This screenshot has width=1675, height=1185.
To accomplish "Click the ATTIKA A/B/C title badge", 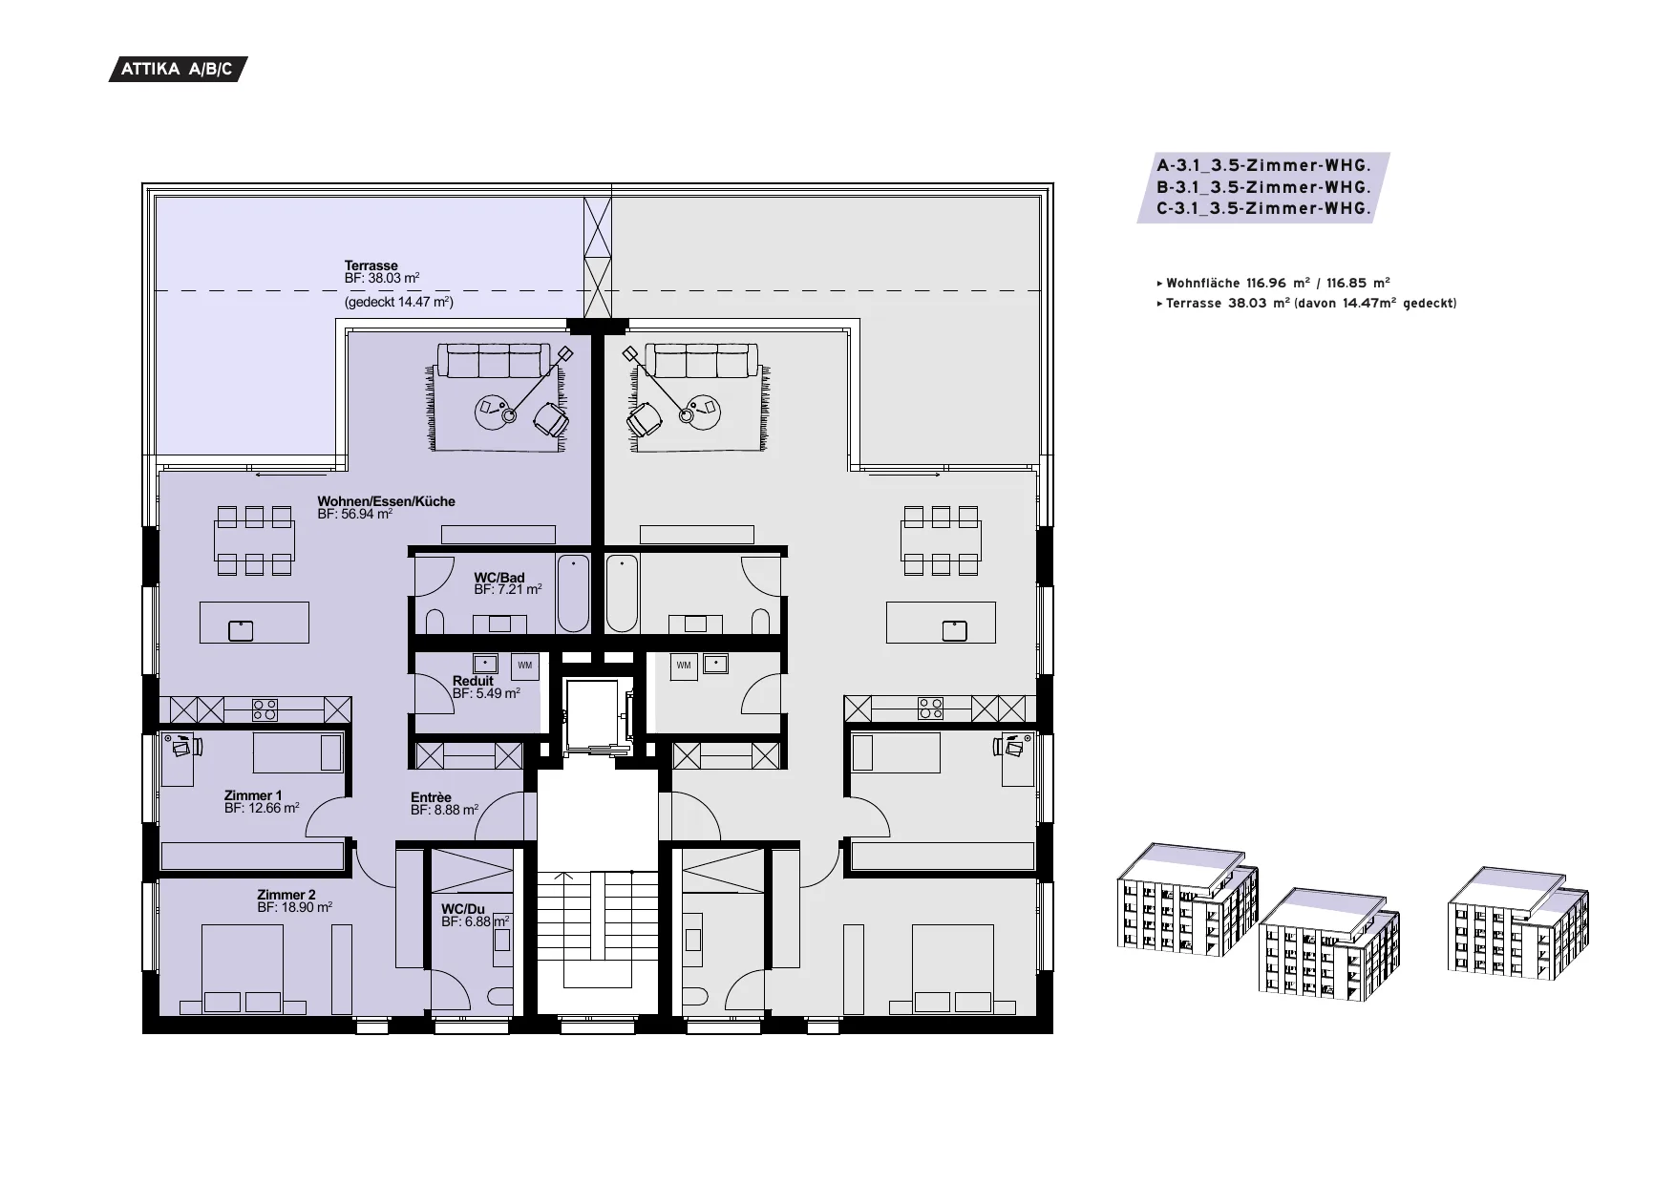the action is [x=178, y=70].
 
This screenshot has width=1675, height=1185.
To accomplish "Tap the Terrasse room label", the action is [x=371, y=265].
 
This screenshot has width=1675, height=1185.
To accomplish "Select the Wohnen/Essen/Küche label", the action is [x=386, y=501].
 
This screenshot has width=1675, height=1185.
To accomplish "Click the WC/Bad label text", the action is [x=498, y=578].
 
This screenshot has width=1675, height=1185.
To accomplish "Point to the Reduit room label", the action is [x=473, y=681].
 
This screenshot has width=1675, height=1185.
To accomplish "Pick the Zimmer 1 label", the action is [x=252, y=795].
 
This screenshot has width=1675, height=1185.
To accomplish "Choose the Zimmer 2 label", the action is [x=286, y=895].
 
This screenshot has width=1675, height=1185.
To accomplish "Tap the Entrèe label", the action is [x=431, y=797].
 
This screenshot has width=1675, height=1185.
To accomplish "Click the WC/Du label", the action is [x=462, y=909].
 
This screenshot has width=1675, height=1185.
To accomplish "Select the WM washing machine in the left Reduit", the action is [x=524, y=666].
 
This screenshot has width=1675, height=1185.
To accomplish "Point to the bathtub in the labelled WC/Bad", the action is [x=573, y=593].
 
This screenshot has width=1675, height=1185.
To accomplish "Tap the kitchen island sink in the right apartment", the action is [x=954, y=630].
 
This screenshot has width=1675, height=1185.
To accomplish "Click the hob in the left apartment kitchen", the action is [x=265, y=709].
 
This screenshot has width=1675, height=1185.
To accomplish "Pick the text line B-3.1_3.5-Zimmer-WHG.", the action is [x=1263, y=187].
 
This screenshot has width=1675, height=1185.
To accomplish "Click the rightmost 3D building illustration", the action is [x=1518, y=920].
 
